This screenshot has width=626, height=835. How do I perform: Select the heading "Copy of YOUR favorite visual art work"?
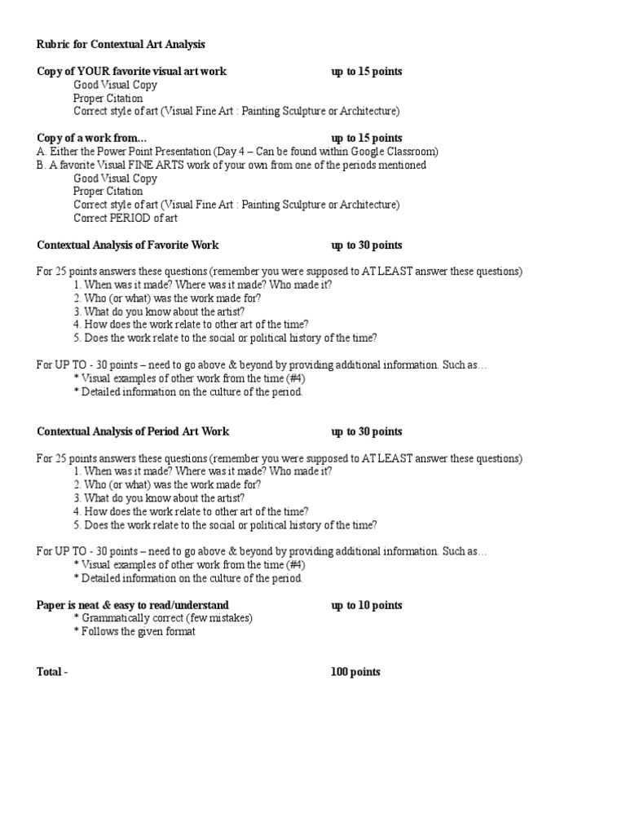click(131, 71)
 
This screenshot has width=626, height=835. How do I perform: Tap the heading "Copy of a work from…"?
click(94, 138)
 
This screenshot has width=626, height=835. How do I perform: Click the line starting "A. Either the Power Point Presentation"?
click(237, 152)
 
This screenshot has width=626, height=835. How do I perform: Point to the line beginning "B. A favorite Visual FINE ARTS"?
click(231, 165)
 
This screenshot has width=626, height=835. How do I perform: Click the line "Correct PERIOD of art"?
click(126, 218)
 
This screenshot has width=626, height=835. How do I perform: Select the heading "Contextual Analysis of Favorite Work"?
click(128, 245)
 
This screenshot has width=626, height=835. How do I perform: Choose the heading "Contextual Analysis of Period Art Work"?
click(133, 431)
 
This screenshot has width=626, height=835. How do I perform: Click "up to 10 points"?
click(367, 605)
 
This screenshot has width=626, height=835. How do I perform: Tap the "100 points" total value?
click(355, 672)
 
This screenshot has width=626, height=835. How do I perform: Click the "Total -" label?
click(52, 672)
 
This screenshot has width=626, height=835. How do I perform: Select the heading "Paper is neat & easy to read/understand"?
click(133, 605)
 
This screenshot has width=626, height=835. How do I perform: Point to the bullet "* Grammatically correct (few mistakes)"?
click(163, 618)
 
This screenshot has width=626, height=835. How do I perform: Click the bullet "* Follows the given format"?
click(134, 631)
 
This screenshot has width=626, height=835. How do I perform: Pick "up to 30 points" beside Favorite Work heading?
click(367, 245)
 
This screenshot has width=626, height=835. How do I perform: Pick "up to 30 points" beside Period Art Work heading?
click(367, 431)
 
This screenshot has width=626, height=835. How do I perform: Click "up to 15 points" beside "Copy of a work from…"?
click(367, 138)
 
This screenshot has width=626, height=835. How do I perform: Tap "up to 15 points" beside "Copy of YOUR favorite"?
click(367, 71)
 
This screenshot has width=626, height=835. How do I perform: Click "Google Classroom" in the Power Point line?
click(396, 152)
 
